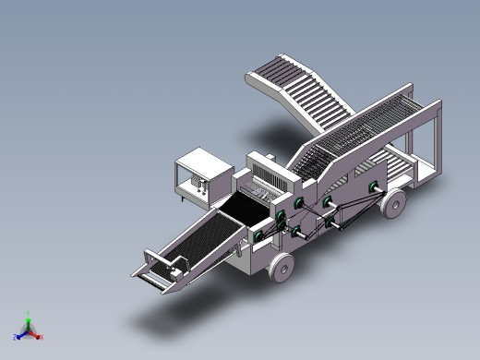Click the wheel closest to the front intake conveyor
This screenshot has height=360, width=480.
pos(282,270)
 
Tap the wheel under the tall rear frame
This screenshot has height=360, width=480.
pos(393,204)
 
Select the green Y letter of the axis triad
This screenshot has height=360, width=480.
pos(29,314)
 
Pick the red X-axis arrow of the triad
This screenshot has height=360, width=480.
pos(35,334)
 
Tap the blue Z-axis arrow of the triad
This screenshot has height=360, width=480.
pos(21,334)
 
